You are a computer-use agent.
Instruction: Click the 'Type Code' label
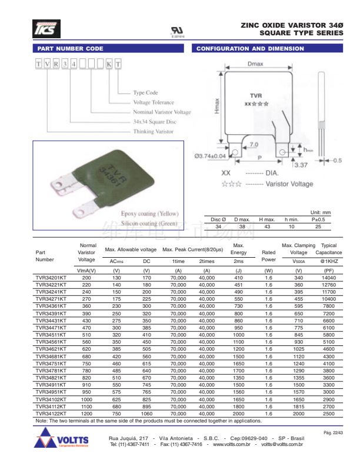(145, 93)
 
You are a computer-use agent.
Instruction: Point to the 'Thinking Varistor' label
(154, 132)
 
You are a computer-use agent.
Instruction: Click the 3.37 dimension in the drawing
(301, 165)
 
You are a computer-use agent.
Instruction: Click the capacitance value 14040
(328, 277)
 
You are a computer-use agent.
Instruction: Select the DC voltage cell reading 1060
(146, 414)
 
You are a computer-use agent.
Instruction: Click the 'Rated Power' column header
(268, 256)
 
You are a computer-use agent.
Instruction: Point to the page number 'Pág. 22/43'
(332, 432)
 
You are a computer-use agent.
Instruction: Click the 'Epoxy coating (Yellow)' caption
(149, 214)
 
